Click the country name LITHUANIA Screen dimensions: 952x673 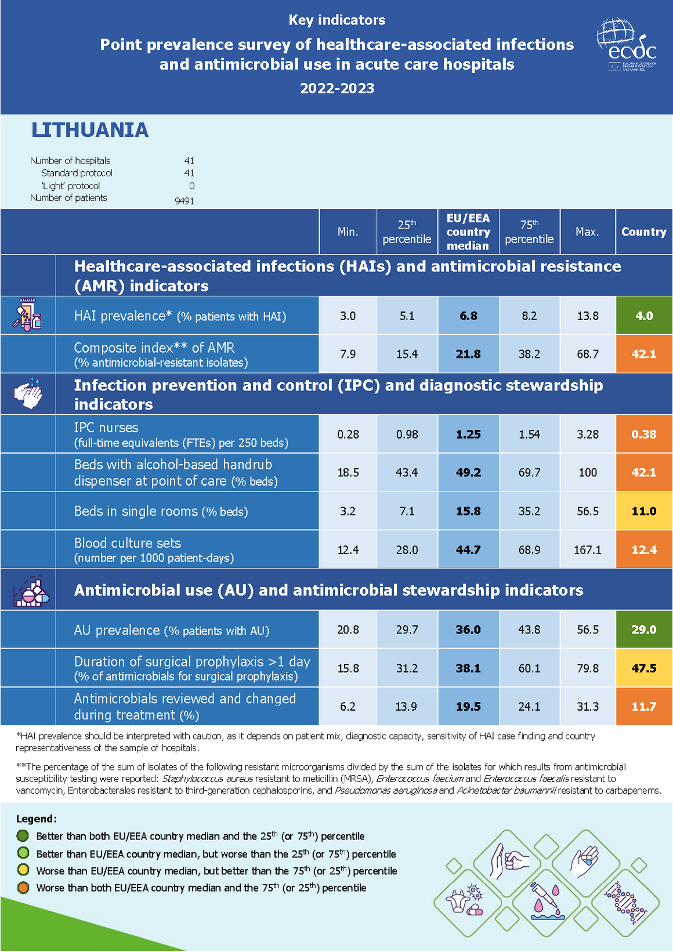(90, 130)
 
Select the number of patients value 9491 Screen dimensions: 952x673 (184, 201)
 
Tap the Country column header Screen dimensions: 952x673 (643, 232)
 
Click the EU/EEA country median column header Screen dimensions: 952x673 (468, 232)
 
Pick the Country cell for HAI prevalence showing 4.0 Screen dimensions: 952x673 (644, 316)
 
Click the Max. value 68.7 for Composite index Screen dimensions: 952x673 (587, 354)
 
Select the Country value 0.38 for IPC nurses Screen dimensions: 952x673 (644, 434)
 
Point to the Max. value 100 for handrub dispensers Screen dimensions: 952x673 (587, 472)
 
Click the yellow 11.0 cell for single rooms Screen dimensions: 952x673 (644, 511)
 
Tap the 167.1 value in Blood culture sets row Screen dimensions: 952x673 (587, 549)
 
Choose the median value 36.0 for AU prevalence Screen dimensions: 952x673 (468, 629)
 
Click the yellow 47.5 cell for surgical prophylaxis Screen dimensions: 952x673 (644, 668)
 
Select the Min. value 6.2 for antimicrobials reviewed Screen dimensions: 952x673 (348, 707)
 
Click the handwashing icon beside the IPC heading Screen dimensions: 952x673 (28, 394)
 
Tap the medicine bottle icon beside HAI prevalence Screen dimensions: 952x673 (28, 315)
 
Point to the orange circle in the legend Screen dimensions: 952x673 (23, 888)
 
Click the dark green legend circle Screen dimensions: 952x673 (23, 836)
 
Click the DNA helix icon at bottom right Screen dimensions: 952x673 (625, 903)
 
